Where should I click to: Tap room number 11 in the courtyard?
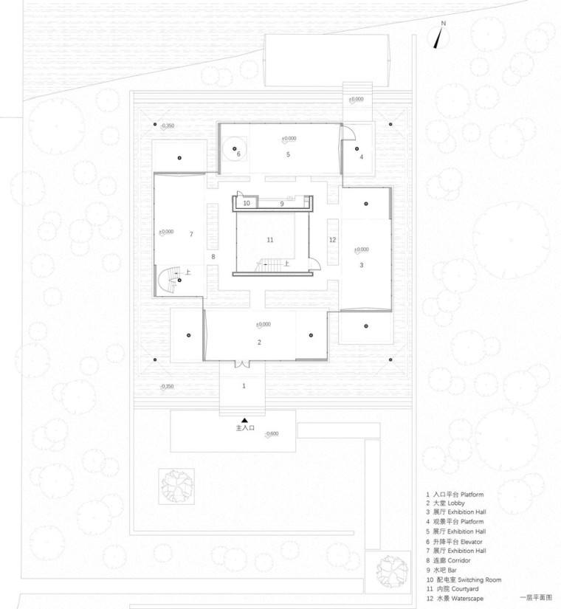[269, 239]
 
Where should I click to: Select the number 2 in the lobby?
[259, 342]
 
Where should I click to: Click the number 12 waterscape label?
[332, 239]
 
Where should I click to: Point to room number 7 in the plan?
[190, 234]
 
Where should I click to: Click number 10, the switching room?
[247, 202]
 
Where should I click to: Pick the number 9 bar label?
[280, 202]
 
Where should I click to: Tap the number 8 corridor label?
[213, 257]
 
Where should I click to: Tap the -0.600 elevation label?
[271, 433]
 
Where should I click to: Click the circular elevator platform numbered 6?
[235, 153]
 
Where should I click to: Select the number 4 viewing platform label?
[361, 156]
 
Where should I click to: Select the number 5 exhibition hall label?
[289, 154]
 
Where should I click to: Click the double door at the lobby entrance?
[239, 363]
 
